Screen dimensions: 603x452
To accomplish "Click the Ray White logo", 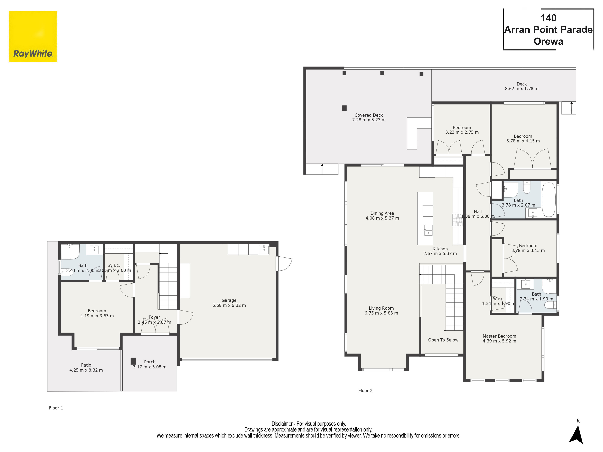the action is [x=33, y=36].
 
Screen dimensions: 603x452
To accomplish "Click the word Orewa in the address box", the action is [x=548, y=41].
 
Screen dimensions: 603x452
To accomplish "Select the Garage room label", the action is [x=229, y=300].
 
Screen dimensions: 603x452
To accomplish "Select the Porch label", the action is [x=150, y=362].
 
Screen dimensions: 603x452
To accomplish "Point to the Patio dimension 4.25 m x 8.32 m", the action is [x=86, y=370].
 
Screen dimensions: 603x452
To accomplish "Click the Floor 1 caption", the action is [x=56, y=408].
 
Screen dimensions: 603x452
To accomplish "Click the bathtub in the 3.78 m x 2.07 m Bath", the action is [x=548, y=199].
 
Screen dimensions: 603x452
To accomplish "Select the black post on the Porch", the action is [x=133, y=361].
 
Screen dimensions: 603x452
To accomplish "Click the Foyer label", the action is [x=154, y=317].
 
